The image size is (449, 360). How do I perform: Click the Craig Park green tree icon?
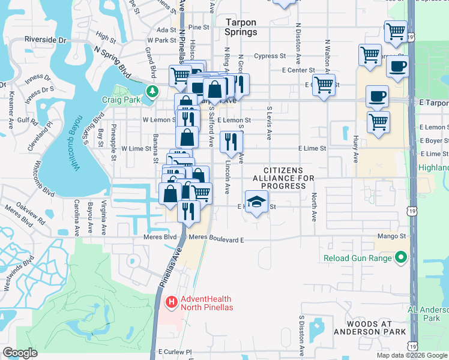click(x=153, y=91)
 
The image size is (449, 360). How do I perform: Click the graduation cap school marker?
click(x=256, y=202)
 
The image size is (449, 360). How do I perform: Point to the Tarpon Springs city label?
click(x=241, y=27)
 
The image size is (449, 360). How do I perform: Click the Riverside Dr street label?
click(x=45, y=40)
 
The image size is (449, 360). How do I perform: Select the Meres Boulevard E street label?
click(x=216, y=239)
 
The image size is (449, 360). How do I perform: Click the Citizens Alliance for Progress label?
click(x=283, y=178)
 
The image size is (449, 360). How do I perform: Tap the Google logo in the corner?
click(x=20, y=353)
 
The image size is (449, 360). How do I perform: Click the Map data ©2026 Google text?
click(x=412, y=355)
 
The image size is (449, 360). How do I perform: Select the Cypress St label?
click(x=270, y=56)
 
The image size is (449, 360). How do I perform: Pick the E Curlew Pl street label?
click(x=174, y=352)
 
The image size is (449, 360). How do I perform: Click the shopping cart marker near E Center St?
click(x=324, y=85)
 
